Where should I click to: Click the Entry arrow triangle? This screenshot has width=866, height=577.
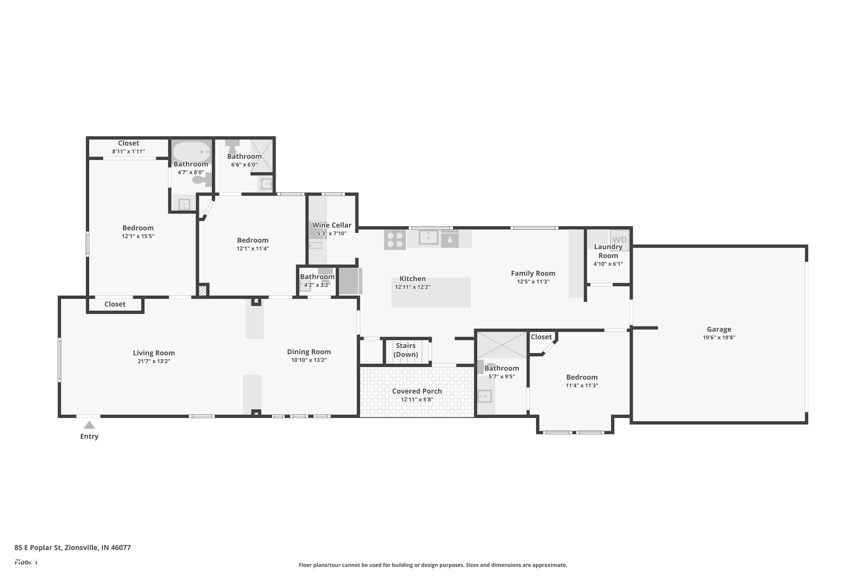(89, 425)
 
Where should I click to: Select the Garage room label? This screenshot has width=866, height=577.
(719, 329)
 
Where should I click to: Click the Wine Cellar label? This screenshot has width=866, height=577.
(331, 225)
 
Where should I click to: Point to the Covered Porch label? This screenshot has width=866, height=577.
(417, 391)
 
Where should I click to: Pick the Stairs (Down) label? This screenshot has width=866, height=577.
(406, 350)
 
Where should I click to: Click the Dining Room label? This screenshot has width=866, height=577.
(309, 352)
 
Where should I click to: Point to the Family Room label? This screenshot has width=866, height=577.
(533, 273)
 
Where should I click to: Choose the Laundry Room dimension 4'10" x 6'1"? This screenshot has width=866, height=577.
(608, 264)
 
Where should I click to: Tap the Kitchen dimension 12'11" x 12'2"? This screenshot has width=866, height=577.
(413, 287)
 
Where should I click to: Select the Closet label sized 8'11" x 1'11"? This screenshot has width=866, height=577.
(128, 143)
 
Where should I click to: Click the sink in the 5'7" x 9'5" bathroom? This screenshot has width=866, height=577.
(485, 397)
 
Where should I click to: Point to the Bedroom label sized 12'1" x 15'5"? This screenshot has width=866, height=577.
(138, 228)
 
